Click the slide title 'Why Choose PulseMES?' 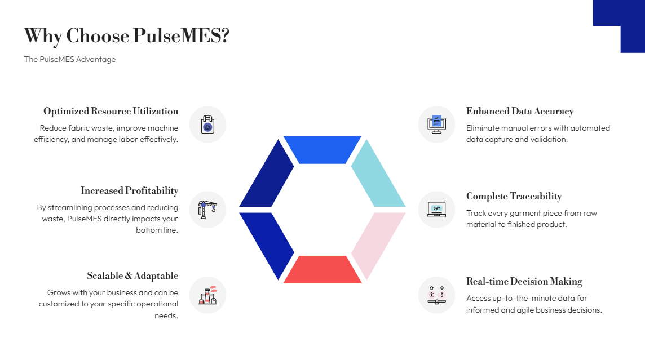pyautogui.click(x=126, y=36)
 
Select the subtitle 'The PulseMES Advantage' pyautogui.click(x=70, y=59)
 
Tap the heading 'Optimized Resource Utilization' pyautogui.click(x=111, y=111)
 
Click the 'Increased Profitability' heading pyautogui.click(x=129, y=190)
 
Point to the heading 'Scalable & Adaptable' pyautogui.click(x=132, y=275)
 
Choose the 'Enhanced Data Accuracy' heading pyautogui.click(x=520, y=111)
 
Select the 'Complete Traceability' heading pyautogui.click(x=514, y=196)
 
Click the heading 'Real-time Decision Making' pyautogui.click(x=524, y=281)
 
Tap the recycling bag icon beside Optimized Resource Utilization pyautogui.click(x=207, y=125)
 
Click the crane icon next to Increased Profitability pyautogui.click(x=207, y=210)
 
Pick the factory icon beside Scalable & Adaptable pyautogui.click(x=207, y=295)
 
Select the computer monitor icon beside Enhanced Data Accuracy pyautogui.click(x=436, y=125)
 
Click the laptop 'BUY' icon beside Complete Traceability pyautogui.click(x=436, y=210)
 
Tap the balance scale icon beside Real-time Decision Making pyautogui.click(x=436, y=295)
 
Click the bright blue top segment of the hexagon pyautogui.click(x=322, y=150)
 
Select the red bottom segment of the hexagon pyautogui.click(x=322, y=269)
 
